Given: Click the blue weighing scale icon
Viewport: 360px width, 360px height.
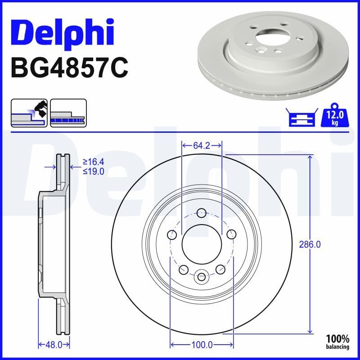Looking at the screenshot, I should [x=299, y=118].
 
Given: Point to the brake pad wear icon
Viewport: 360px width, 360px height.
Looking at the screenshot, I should [x=29, y=113].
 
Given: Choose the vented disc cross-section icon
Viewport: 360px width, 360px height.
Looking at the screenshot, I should [x=68, y=113].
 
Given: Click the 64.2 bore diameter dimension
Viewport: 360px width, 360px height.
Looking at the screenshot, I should [x=202, y=145].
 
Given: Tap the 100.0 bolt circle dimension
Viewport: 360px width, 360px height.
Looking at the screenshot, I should [x=202, y=345].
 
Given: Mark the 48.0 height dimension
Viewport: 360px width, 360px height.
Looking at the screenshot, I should [x=54, y=345].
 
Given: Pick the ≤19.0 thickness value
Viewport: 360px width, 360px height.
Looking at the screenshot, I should [x=93, y=171].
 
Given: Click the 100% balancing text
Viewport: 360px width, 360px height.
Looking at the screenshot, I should [x=337, y=342].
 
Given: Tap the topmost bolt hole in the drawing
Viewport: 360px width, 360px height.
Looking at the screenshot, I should [x=202, y=212].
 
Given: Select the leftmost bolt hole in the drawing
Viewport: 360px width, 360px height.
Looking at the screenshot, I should [x=171, y=234].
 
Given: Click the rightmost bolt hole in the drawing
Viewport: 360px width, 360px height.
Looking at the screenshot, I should [x=232, y=234].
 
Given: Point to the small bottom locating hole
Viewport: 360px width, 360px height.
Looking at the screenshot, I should [x=202, y=276].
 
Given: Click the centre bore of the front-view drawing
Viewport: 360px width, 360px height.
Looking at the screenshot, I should [x=202, y=244].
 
